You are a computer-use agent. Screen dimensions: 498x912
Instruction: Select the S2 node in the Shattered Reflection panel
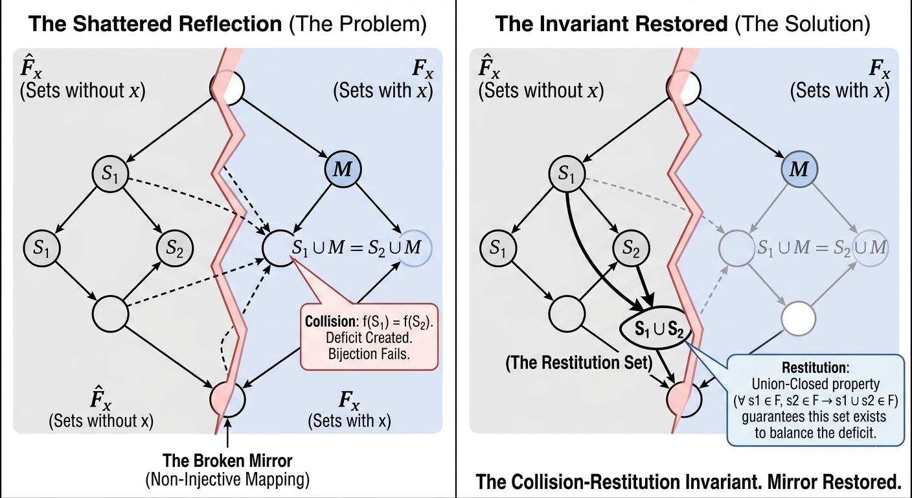(x=173, y=247)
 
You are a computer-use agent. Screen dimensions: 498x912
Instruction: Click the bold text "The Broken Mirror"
(x=227, y=461)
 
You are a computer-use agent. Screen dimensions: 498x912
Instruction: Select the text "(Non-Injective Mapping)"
(x=227, y=480)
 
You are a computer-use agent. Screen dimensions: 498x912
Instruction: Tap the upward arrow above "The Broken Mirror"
(x=229, y=433)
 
